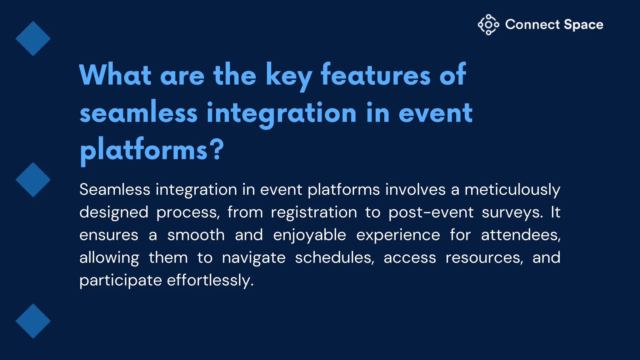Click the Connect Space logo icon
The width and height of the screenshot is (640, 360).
488,24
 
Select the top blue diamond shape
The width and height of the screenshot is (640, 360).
33,38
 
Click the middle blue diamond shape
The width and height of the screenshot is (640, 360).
33,180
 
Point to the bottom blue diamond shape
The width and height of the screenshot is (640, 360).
33,321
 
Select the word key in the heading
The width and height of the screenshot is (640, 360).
288,76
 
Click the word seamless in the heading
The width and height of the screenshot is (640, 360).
138,112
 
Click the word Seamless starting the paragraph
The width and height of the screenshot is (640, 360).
115,189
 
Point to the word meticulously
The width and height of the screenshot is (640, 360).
512,190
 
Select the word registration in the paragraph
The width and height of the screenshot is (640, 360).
314,212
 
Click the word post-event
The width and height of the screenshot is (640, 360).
431,212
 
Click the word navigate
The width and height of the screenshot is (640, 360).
254,258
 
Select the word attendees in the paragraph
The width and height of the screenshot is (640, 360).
521,235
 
